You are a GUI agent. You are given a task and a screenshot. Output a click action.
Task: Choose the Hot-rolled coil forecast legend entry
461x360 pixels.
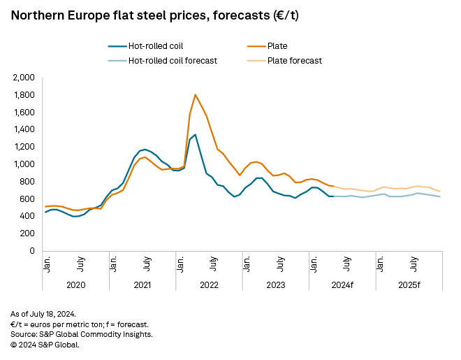(x=172, y=60)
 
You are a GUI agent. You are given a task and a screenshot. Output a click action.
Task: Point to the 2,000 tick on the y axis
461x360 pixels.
(x=23, y=78)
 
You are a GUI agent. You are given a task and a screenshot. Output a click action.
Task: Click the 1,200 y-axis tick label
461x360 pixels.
(x=23, y=147)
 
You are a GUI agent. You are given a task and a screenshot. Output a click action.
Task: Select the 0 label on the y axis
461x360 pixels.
(x=32, y=251)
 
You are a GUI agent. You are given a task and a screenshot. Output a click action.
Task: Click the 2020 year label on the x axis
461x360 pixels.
(x=75, y=285)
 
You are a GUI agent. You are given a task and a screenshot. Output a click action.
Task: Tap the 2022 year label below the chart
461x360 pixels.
(x=209, y=285)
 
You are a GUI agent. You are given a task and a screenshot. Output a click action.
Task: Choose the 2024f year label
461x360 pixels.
(x=342, y=285)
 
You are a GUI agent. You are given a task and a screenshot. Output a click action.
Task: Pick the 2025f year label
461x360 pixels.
(x=409, y=285)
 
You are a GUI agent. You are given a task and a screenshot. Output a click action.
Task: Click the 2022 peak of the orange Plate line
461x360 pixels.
(x=195, y=94)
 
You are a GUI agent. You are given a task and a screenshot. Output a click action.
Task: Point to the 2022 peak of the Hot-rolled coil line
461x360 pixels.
(x=195, y=134)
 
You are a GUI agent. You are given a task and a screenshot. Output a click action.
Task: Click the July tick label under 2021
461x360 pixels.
(x=147, y=267)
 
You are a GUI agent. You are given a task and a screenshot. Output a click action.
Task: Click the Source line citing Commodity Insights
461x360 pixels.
(x=81, y=334)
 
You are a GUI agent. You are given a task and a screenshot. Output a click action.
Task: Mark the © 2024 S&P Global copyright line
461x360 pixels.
(x=45, y=344)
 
